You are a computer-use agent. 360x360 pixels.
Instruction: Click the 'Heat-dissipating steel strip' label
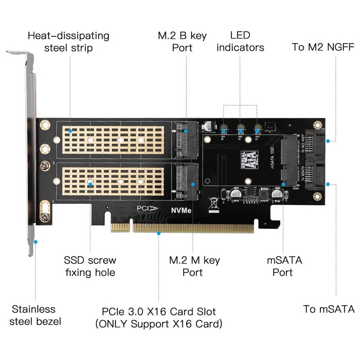click(x=68, y=41)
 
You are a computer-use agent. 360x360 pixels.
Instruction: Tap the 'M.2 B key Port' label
click(x=182, y=41)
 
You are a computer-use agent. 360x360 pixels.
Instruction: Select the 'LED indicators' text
click(x=240, y=41)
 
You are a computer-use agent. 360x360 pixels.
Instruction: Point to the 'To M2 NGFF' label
click(x=323, y=47)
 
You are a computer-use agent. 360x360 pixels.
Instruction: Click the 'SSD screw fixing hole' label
click(x=90, y=266)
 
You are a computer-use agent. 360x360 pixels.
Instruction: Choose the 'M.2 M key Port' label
click(x=194, y=266)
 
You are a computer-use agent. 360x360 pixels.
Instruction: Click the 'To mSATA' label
click(x=329, y=309)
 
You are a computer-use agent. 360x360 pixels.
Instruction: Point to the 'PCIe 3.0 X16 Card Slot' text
click(x=159, y=311)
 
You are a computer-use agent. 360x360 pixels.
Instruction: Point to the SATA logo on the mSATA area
click(x=247, y=158)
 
